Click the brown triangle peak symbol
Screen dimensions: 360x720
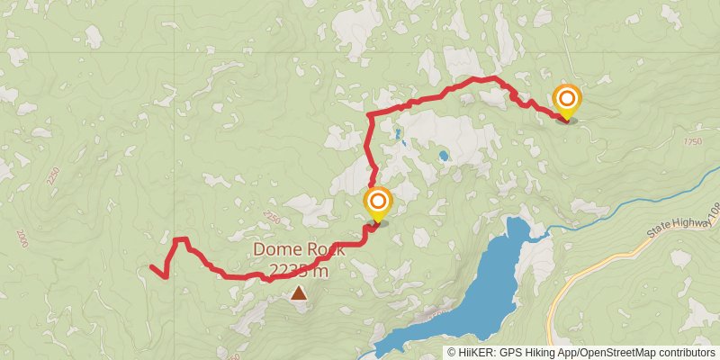[298, 292]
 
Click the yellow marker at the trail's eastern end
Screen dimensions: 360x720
[567, 101]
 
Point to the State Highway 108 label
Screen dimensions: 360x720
[683, 224]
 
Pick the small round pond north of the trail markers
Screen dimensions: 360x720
[444, 156]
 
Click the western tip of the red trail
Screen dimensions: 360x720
[151, 266]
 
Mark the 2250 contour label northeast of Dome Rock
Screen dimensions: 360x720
[272, 217]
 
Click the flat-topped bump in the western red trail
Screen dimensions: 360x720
[180, 239]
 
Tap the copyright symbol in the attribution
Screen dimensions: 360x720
[452, 352]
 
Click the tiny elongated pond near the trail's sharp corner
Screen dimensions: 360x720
[397, 136]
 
